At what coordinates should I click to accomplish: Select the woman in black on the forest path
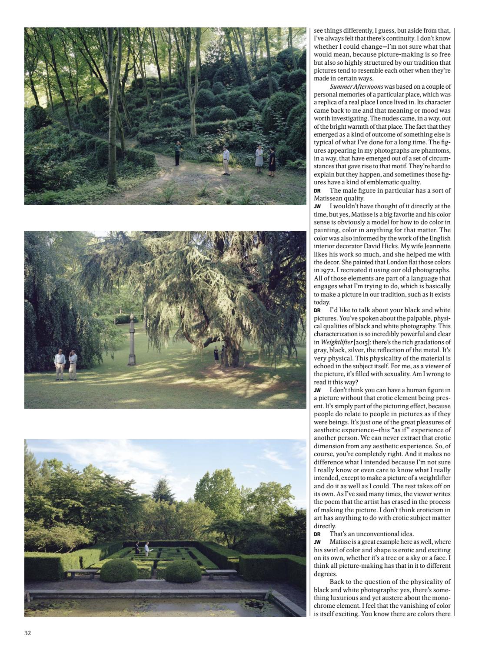pyautogui.click(x=272, y=162)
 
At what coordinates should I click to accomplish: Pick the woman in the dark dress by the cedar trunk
pyautogui.click(x=216, y=355)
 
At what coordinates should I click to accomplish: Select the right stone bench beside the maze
pyautogui.click(x=221, y=572)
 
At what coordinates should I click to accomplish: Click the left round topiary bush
pyautogui.click(x=119, y=570)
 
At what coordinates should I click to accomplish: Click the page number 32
pyautogui.click(x=28, y=633)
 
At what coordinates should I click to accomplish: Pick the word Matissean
pyautogui.click(x=329, y=198)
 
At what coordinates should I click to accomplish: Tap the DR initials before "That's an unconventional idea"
pyautogui.click(x=317, y=534)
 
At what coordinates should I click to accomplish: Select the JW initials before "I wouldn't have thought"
pyautogui.click(x=317, y=207)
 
